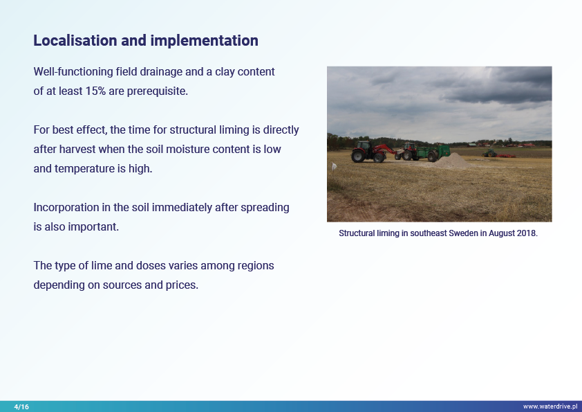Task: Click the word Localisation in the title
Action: (75, 41)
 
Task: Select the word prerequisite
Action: (158, 91)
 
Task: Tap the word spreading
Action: (265, 208)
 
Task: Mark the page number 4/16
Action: (21, 406)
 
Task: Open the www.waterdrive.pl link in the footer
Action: (550, 406)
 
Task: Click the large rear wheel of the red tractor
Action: (359, 156)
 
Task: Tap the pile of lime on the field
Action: (452, 161)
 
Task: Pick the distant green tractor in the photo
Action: (489, 153)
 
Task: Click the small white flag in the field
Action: (334, 168)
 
